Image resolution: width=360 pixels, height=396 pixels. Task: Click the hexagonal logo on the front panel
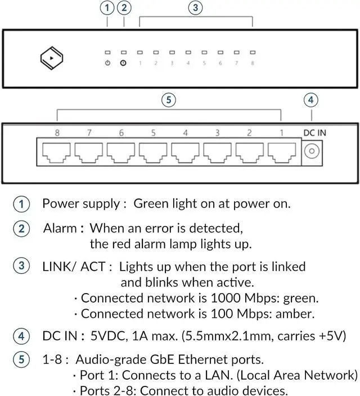pos(51,58)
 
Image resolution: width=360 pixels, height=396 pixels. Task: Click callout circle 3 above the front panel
pos(195,8)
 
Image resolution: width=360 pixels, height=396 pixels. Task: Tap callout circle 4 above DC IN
pos(311,100)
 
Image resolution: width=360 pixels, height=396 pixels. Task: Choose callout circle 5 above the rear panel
pos(168,100)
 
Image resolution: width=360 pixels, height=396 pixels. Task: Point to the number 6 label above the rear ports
pos(121,133)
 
